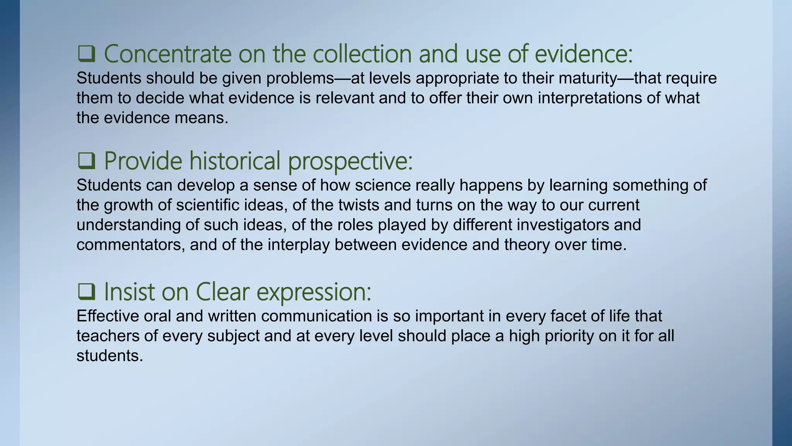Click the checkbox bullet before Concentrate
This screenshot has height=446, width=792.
pyautogui.click(x=86, y=54)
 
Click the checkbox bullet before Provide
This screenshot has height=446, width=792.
pyautogui.click(x=86, y=161)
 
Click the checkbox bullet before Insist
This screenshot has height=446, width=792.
pyautogui.click(x=86, y=292)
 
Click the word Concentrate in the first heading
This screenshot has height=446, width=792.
pyautogui.click(x=167, y=54)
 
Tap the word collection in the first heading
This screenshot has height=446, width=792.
pyautogui.click(x=362, y=54)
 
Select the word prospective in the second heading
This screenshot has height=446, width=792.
pyautogui.click(x=350, y=161)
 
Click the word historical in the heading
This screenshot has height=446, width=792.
pyautogui.click(x=235, y=161)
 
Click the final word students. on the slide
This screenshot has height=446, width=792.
pyautogui.click(x=110, y=356)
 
